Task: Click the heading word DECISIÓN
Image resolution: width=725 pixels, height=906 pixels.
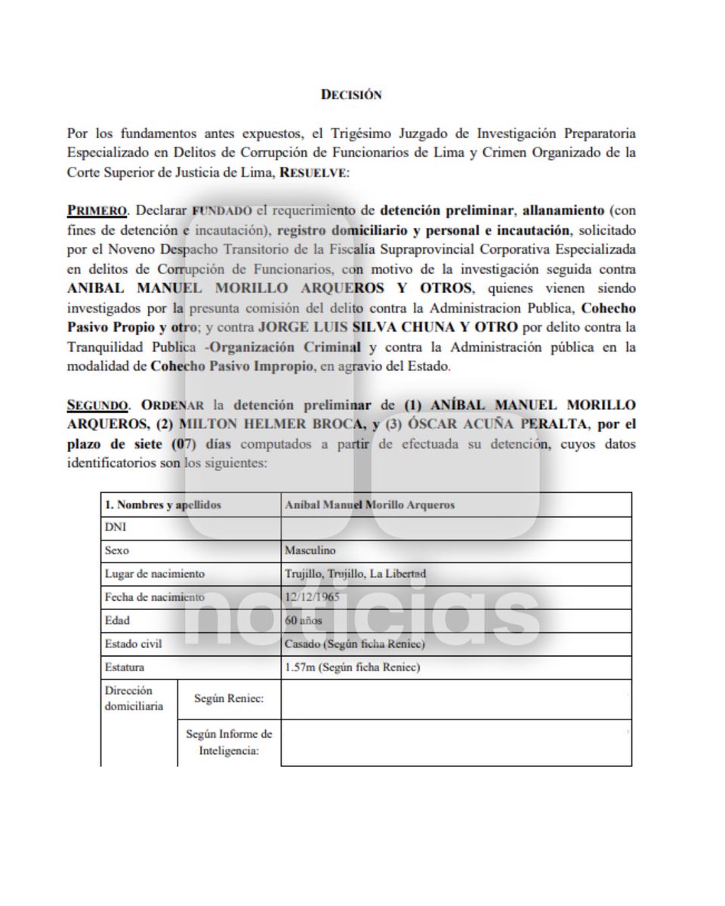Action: click(x=351, y=95)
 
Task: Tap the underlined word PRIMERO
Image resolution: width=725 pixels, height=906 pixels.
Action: click(x=91, y=210)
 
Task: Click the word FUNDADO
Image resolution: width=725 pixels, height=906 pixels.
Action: click(x=221, y=210)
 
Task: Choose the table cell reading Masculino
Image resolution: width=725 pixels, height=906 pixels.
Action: click(x=310, y=551)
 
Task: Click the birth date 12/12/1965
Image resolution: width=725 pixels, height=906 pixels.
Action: click(x=312, y=597)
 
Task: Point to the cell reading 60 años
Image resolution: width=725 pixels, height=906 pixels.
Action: click(x=304, y=621)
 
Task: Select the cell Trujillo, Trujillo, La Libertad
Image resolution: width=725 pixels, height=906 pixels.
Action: click(x=355, y=574)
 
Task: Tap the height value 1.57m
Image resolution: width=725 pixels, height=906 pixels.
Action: click(x=300, y=667)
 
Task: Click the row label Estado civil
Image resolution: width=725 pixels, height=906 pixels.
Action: click(x=134, y=644)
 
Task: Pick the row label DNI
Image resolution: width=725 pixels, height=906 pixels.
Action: click(x=116, y=528)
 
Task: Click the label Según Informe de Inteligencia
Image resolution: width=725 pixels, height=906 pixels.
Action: click(x=229, y=742)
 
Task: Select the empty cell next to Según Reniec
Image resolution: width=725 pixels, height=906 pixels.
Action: click(x=455, y=700)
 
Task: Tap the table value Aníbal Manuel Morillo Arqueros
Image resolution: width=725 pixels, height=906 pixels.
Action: click(x=370, y=504)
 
